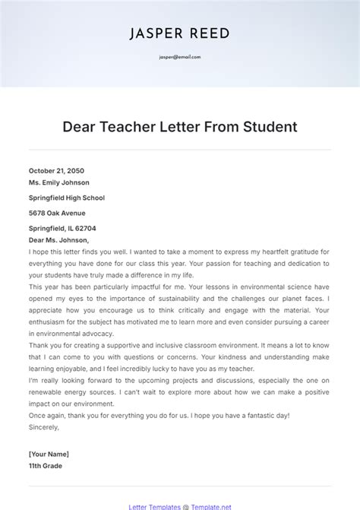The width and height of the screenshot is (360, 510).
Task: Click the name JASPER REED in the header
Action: (179, 33)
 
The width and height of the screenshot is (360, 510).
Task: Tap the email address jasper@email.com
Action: (179, 57)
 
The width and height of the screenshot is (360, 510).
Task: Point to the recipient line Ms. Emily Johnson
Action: (59, 182)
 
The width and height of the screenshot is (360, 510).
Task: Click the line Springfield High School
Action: (67, 198)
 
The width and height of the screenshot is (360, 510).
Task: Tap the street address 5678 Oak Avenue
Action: (57, 213)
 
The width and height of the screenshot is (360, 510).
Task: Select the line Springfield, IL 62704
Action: (62, 228)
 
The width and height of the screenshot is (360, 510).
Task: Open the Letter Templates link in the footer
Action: (153, 505)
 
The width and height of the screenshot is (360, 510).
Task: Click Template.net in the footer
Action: (210, 505)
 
